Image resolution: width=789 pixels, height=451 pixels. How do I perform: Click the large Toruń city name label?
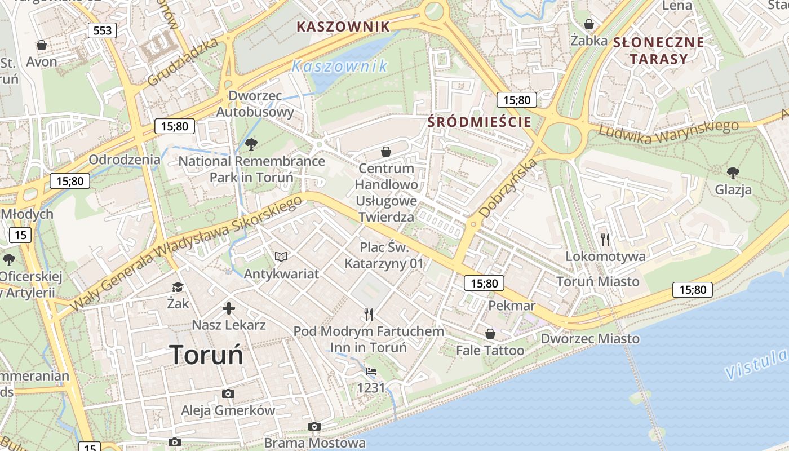(x=206, y=355)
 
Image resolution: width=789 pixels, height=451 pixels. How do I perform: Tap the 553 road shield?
(x=102, y=30)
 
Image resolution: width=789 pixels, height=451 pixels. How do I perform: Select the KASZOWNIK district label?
(x=343, y=26)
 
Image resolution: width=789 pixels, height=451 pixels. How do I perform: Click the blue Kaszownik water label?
(x=340, y=66)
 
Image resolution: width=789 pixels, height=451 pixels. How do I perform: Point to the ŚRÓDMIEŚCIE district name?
(x=479, y=122)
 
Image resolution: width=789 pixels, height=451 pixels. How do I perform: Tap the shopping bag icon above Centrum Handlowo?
(x=386, y=152)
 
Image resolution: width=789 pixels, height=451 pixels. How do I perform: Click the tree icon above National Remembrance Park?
(x=251, y=144)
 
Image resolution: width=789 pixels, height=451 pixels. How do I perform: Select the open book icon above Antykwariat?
(x=281, y=257)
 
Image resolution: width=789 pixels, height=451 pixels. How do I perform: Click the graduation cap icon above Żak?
(x=178, y=287)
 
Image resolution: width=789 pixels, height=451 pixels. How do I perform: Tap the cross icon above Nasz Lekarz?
(x=229, y=308)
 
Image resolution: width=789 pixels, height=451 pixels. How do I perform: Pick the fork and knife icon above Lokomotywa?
(x=605, y=240)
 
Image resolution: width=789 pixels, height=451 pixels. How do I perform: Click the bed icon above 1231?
(x=371, y=371)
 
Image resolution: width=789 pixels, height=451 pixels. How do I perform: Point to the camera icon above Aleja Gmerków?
(x=228, y=393)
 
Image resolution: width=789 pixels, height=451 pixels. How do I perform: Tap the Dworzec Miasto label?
(x=590, y=338)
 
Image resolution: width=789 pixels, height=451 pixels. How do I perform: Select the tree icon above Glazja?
(x=733, y=173)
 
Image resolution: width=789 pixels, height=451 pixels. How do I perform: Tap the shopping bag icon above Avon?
(x=41, y=45)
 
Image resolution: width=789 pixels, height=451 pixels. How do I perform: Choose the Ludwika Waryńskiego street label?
(x=668, y=130)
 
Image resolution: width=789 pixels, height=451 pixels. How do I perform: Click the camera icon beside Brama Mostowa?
(x=314, y=427)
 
